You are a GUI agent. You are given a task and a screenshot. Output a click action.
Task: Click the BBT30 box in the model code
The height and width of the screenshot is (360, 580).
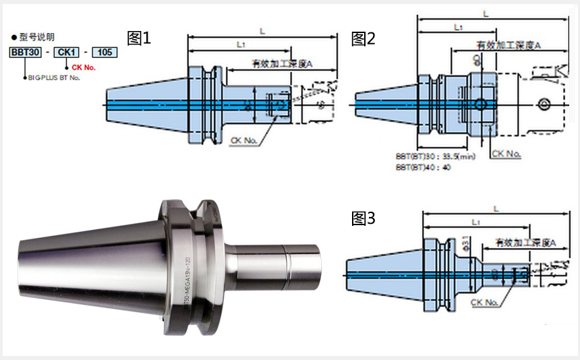(x=24, y=52)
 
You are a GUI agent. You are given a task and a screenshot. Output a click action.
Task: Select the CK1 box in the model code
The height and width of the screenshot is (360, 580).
(x=66, y=52)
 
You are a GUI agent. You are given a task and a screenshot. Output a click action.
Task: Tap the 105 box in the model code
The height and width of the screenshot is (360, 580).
(x=104, y=52)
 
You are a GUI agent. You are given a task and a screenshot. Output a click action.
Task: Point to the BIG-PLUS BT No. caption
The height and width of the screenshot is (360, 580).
(x=53, y=79)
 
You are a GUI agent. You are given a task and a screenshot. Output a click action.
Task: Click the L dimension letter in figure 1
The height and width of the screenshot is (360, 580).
(x=261, y=30)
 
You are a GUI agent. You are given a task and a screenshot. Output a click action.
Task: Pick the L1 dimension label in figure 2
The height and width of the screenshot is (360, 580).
(x=458, y=27)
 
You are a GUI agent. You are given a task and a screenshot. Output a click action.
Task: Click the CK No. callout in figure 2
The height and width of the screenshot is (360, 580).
(x=506, y=154)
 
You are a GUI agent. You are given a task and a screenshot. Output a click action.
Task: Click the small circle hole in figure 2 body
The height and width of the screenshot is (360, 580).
(x=480, y=104)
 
